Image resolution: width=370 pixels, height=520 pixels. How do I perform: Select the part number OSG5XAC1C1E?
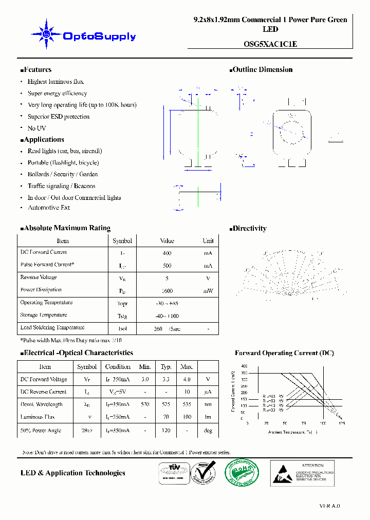[270, 44]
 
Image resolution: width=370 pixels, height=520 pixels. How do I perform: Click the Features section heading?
[37, 70]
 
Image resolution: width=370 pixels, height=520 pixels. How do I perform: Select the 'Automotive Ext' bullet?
[49, 208]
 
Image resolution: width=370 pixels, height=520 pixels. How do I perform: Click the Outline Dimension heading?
[262, 70]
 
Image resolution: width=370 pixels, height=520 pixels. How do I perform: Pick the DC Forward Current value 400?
[167, 253]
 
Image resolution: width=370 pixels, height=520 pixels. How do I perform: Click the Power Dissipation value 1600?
[167, 291]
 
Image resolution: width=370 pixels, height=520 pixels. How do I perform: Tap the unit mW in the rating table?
[208, 291]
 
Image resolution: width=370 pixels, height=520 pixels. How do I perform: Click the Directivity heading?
[249, 229]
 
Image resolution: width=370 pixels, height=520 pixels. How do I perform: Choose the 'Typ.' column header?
[166, 367]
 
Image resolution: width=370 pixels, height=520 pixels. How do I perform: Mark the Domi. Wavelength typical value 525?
[166, 404]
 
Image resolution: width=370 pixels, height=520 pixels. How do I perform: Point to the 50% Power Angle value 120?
[166, 431]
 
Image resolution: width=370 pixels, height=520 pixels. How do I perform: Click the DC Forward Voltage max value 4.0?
[187, 379]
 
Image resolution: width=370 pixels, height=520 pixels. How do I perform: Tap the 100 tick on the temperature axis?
[323, 423]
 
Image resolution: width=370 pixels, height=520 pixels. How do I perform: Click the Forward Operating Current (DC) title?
[284, 353]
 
